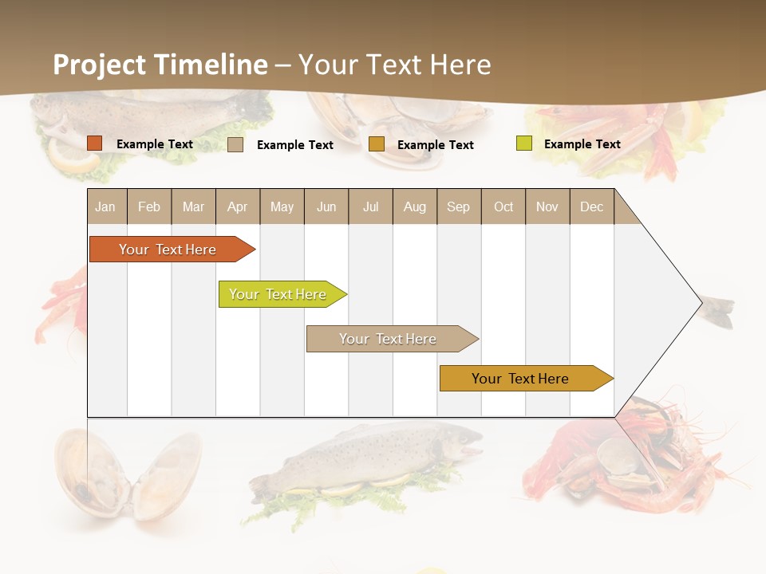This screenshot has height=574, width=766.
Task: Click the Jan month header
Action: click(105, 206)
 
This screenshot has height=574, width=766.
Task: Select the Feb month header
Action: click(149, 206)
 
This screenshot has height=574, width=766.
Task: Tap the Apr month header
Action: click(238, 206)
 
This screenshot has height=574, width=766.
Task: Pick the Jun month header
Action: click(326, 206)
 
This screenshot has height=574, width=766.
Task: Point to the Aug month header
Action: click(415, 206)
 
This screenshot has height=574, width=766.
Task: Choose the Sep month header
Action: click(459, 206)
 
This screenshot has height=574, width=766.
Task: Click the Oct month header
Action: click(503, 206)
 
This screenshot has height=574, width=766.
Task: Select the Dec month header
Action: click(592, 206)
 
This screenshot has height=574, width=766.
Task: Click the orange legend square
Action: click(95, 143)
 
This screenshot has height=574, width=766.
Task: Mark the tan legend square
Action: click(235, 144)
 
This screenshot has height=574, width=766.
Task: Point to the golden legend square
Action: click(377, 144)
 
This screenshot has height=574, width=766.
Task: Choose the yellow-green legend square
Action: click(524, 143)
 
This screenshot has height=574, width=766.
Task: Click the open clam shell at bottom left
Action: click(128, 474)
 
